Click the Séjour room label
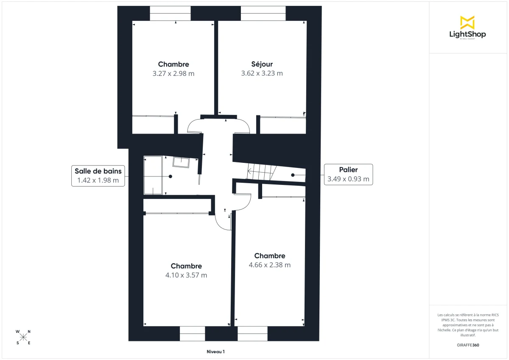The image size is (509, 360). (x=262, y=64)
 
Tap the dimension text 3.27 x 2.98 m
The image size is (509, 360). (x=173, y=73)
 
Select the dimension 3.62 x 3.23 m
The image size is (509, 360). (x=262, y=73)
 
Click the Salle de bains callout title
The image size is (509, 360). (x=98, y=171)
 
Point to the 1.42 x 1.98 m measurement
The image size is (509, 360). (x=98, y=180)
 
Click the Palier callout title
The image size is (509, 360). (x=348, y=170)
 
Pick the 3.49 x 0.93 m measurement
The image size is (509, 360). (x=348, y=179)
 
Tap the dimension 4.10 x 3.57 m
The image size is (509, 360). (x=186, y=275)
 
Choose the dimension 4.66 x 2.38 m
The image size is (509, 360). (x=270, y=265)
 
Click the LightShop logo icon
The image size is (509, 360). (x=467, y=22)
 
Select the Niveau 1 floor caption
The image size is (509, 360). (x=215, y=352)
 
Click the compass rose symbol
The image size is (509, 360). (x=23, y=337)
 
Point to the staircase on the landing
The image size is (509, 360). (x=261, y=172)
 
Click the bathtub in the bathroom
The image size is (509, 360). (x=153, y=175)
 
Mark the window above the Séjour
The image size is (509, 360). (x=263, y=13)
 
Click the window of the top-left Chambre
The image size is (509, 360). (x=170, y=13)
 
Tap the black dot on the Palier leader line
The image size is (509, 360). (x=293, y=175)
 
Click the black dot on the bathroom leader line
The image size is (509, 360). (x=171, y=176)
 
